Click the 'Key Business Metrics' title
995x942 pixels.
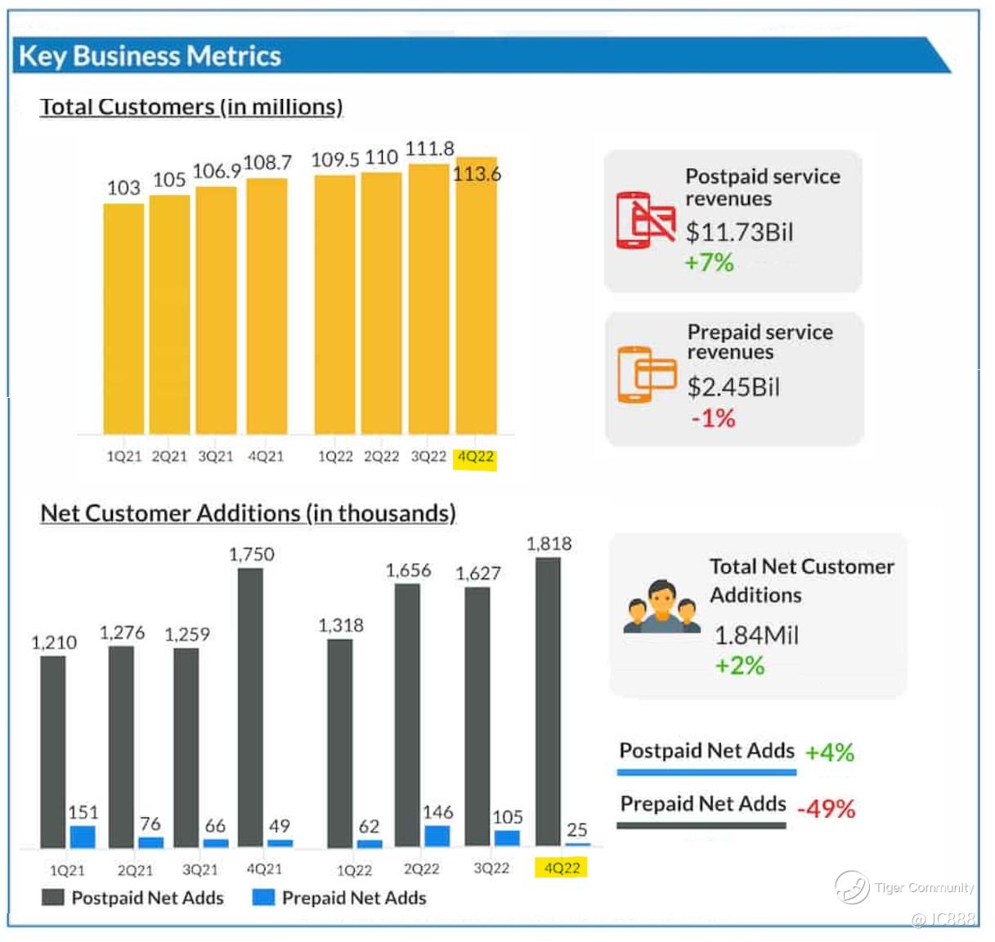click(x=150, y=56)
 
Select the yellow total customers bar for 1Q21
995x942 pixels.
click(x=123, y=319)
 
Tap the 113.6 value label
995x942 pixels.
click(x=477, y=173)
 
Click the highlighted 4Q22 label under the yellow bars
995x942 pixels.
click(x=475, y=457)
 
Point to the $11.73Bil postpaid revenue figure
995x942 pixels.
click(x=739, y=232)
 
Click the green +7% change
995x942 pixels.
click(x=709, y=262)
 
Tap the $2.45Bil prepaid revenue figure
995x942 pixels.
click(x=733, y=386)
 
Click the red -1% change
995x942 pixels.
click(x=713, y=418)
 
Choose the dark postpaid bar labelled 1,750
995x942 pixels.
click(x=251, y=707)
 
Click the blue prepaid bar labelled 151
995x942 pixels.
click(x=83, y=837)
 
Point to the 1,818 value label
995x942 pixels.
click(x=549, y=543)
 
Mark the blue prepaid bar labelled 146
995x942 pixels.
click(x=437, y=836)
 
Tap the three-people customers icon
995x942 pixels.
click(x=661, y=608)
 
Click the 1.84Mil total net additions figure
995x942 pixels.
click(x=756, y=635)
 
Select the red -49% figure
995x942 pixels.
click(x=826, y=809)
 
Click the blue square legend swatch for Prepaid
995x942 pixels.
click(x=263, y=897)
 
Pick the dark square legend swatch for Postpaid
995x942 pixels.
click(x=52, y=897)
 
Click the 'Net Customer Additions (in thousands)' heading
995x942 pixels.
click(x=248, y=513)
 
